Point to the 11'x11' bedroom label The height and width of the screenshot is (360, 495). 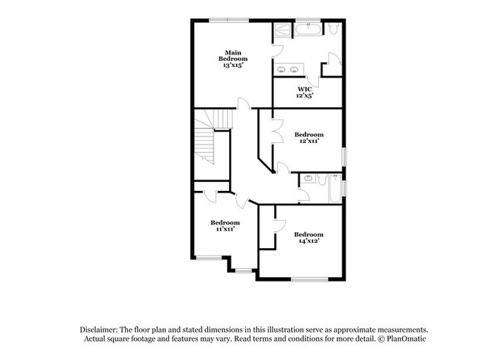[x=225, y=225]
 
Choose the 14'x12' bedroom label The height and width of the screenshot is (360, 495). [x=308, y=237]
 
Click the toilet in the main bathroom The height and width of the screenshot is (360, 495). [x=334, y=30]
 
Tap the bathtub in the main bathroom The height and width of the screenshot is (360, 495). [x=308, y=31]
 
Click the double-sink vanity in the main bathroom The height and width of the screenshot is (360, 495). [x=289, y=70]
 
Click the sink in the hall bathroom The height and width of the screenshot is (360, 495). [x=308, y=180]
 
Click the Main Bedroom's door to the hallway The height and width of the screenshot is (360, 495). [x=242, y=105]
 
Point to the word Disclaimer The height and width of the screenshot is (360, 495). [x=101, y=328]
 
